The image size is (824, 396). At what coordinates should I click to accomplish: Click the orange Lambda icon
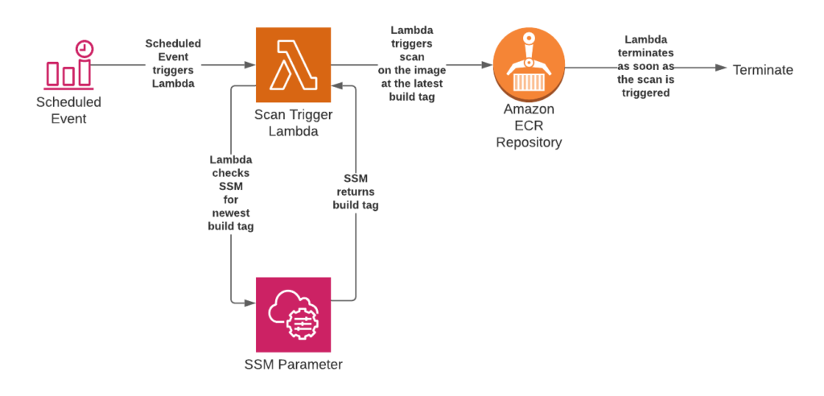click(293, 65)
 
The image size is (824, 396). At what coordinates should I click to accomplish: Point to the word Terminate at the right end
click(762, 70)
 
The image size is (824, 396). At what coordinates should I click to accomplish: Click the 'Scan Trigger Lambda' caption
click(293, 123)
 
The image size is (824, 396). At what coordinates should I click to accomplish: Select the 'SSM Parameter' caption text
click(293, 365)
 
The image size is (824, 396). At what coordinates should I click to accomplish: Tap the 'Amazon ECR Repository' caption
click(529, 126)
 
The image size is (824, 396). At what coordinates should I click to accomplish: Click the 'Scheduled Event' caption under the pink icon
click(68, 110)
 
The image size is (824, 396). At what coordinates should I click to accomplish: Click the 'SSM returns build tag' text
click(355, 191)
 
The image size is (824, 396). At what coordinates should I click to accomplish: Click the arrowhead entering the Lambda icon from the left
click(249, 64)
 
